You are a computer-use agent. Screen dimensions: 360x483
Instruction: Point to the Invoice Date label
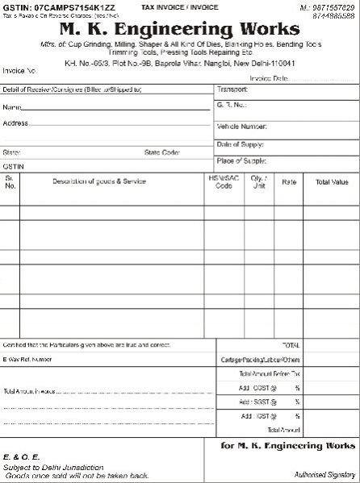[269, 78]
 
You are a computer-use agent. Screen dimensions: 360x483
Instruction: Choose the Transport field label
[232, 89]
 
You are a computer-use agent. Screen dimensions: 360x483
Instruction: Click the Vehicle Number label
[241, 127]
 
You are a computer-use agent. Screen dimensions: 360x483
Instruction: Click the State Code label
[162, 152]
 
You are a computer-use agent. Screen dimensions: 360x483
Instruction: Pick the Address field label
[15, 123]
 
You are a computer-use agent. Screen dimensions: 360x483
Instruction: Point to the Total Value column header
[332, 181]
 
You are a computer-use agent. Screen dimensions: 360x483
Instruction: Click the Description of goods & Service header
[99, 181]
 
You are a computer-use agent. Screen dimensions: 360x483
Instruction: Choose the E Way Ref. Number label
[32, 358]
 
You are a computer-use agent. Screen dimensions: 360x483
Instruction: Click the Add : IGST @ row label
[259, 416]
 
